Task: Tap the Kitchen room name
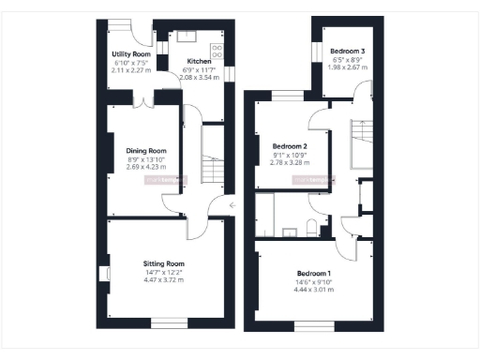click(x=199, y=61)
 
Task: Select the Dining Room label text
click(x=146, y=150)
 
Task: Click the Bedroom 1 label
click(x=314, y=272)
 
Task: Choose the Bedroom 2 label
click(x=290, y=146)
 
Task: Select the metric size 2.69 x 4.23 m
click(x=146, y=166)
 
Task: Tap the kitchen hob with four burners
click(x=217, y=51)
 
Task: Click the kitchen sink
click(x=185, y=37)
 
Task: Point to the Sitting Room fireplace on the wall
click(x=105, y=273)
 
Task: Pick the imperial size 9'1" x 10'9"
click(x=290, y=154)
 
